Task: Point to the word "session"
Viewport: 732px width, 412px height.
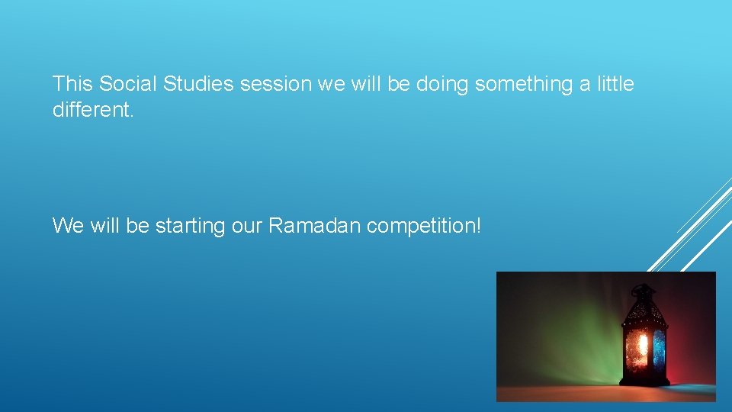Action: coord(276,84)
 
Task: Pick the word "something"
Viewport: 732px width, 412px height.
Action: coord(525,84)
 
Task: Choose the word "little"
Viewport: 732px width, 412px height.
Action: coord(615,84)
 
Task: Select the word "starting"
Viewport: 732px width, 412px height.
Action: coord(189,226)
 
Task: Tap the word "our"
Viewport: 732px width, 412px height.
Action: coord(246,226)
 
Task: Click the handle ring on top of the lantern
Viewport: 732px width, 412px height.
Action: coord(643,288)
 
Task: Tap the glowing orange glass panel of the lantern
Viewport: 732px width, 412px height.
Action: coord(638,347)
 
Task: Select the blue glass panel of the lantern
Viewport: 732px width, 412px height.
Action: coord(659,347)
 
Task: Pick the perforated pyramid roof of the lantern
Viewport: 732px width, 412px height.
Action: coord(644,308)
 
